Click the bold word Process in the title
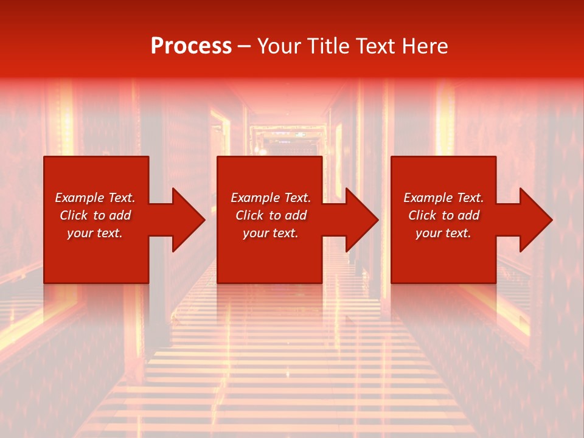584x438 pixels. (x=191, y=46)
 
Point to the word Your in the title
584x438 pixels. (x=280, y=46)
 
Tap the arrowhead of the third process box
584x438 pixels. (x=535, y=220)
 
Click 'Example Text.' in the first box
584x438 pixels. (x=95, y=198)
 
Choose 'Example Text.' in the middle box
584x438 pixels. (x=271, y=198)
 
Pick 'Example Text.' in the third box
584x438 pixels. (x=443, y=198)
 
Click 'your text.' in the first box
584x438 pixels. (x=95, y=233)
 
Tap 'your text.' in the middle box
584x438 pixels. (x=271, y=233)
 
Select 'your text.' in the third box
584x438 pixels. (x=443, y=233)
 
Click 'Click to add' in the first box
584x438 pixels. (x=95, y=215)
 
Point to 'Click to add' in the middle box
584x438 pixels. (x=271, y=215)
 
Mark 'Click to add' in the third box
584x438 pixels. (x=443, y=215)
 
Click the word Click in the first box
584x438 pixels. (x=74, y=215)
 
